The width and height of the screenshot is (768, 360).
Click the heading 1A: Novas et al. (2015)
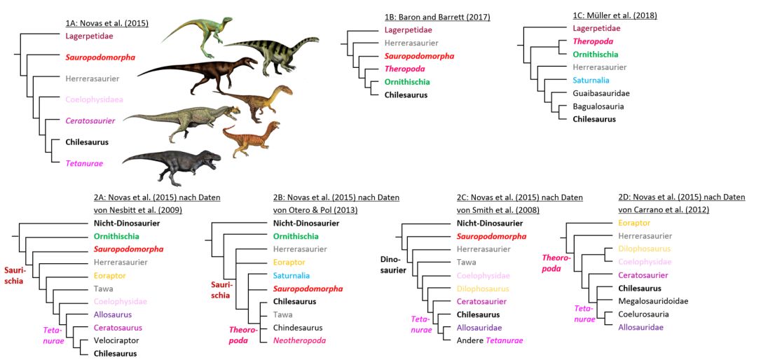(x=107, y=23)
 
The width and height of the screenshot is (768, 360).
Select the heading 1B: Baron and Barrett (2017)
(x=437, y=17)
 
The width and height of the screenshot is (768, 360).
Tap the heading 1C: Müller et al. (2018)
(x=615, y=15)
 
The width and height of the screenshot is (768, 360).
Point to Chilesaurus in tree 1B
(x=406, y=95)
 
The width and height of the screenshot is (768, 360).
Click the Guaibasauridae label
(x=601, y=93)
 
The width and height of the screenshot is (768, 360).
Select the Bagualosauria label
(x=598, y=106)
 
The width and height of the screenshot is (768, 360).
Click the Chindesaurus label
(x=298, y=327)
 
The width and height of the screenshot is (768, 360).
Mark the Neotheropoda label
(x=299, y=340)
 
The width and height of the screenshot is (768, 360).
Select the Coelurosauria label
(x=644, y=314)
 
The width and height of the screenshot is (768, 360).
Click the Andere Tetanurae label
(x=490, y=340)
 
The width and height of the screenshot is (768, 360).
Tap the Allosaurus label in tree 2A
(x=112, y=314)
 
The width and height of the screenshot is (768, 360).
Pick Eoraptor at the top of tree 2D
(x=634, y=223)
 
